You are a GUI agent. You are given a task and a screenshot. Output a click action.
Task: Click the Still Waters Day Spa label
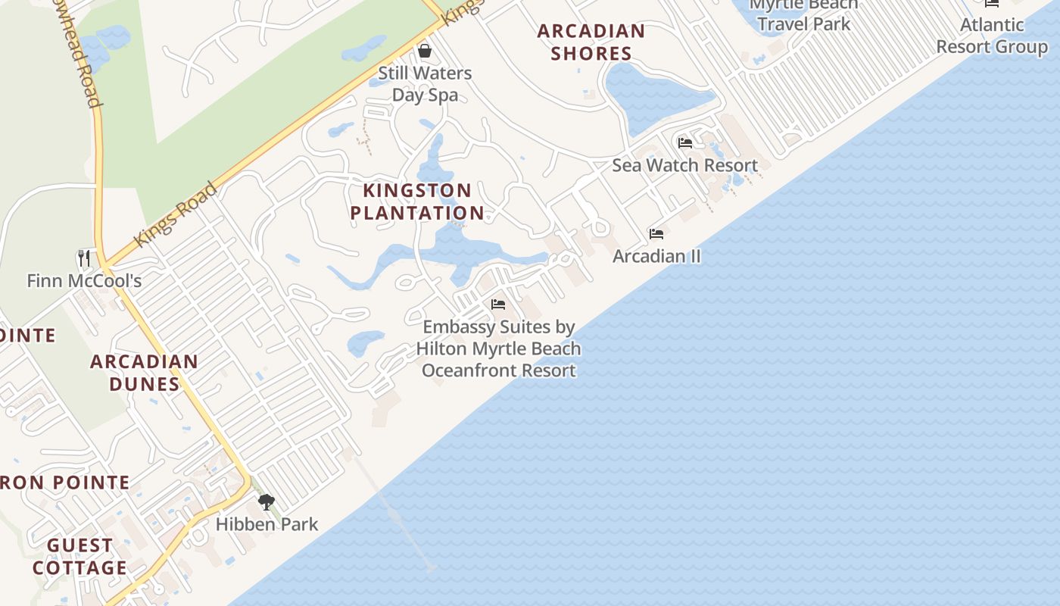425,84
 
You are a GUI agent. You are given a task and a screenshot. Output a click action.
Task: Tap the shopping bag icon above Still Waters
425,51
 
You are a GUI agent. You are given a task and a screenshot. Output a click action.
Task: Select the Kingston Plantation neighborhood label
417,201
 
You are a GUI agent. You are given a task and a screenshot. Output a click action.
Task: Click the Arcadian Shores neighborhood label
591,42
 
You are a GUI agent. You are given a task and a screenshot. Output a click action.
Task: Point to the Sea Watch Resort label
684,165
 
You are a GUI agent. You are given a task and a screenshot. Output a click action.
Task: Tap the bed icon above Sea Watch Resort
685,142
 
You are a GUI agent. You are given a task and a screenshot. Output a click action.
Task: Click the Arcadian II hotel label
656,256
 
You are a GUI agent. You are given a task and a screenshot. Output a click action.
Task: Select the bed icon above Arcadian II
656,234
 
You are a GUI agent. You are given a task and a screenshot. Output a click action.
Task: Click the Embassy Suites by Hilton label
499,348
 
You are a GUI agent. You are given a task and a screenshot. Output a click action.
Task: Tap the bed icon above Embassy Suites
498,305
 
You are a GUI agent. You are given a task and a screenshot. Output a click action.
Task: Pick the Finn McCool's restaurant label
84,281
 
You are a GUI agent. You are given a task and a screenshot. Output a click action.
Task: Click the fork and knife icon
84,258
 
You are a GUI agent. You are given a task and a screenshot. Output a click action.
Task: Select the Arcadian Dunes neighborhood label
144,373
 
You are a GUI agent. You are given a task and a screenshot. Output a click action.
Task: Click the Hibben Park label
267,524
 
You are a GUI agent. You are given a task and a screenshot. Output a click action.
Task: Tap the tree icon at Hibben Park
266,501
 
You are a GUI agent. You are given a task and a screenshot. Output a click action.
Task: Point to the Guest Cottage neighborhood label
79,557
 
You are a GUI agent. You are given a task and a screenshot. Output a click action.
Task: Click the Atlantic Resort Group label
992,36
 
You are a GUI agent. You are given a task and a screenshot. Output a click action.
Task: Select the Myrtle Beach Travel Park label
804,14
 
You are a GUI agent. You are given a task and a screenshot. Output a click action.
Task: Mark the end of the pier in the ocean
430,567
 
